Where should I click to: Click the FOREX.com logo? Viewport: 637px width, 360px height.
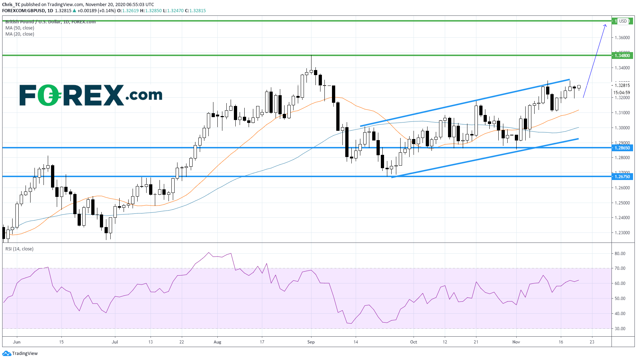[x=91, y=95]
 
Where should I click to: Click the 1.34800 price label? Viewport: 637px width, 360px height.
[x=622, y=55]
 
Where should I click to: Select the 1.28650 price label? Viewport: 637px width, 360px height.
[x=622, y=148]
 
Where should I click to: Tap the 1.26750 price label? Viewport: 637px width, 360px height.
[x=622, y=176]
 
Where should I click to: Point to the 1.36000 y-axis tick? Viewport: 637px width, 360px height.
[x=622, y=38]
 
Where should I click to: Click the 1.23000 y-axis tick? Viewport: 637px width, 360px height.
[x=622, y=233]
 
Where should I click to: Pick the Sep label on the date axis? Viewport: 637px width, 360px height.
[x=311, y=342]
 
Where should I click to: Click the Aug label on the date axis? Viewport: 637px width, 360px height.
[x=217, y=342]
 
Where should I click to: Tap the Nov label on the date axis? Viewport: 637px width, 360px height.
[x=516, y=342]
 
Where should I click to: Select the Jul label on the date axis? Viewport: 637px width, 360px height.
[x=115, y=342]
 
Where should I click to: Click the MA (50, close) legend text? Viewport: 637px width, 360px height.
[x=20, y=28]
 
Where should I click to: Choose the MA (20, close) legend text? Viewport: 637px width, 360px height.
[x=20, y=34]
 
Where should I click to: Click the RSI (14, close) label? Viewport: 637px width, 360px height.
[x=19, y=249]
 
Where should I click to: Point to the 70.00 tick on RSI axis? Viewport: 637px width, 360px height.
[x=620, y=268]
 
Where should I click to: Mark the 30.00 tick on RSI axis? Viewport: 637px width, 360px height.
[x=620, y=329]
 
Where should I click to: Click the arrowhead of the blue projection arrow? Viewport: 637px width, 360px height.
[x=605, y=25]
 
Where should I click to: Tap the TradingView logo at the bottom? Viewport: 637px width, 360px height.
[x=20, y=354]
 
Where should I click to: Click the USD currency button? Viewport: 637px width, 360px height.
[x=623, y=21]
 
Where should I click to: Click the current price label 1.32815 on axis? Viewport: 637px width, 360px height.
[x=622, y=86]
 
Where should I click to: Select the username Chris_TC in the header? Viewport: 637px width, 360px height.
[x=11, y=5]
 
